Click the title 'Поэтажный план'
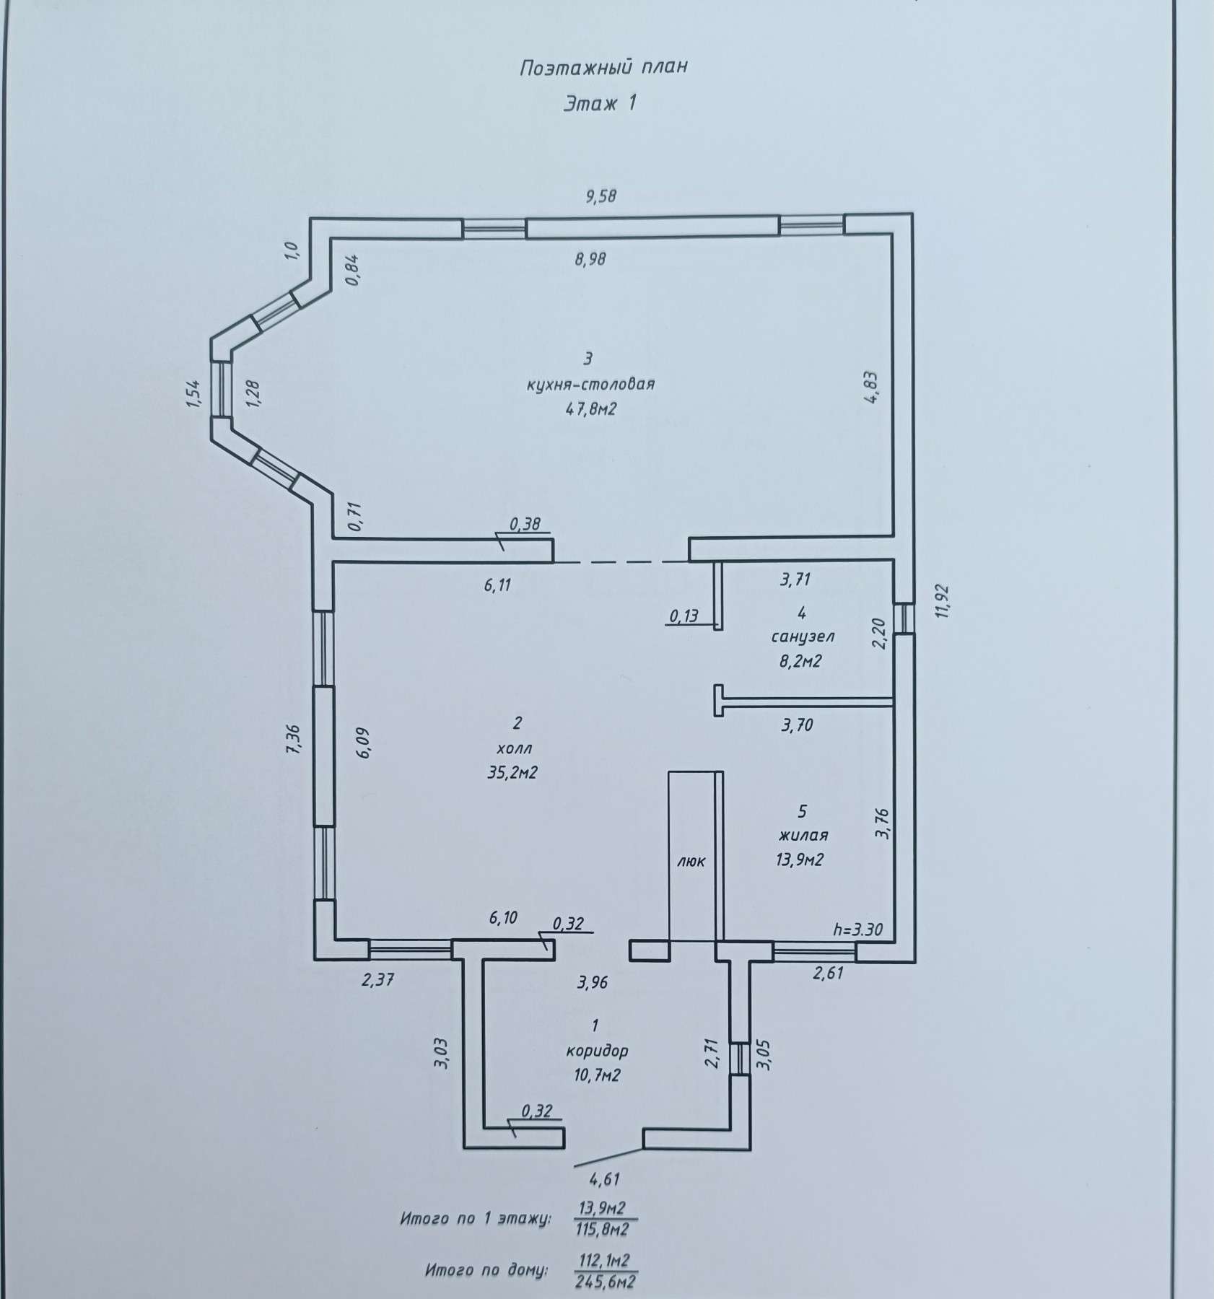click(603, 68)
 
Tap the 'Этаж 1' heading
click(600, 104)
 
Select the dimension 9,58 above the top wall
click(601, 195)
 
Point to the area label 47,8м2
click(591, 409)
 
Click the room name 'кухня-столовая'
click(590, 383)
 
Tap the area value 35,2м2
click(513, 773)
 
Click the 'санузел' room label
click(803, 637)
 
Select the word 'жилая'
click(803, 835)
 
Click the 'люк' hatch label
click(691, 861)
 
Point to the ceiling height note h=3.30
click(857, 930)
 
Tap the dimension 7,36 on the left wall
click(293, 740)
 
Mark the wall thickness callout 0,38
click(525, 525)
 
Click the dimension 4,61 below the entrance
click(605, 1180)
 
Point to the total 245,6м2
click(606, 1282)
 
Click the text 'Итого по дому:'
click(486, 1269)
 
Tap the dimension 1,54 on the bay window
click(195, 393)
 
